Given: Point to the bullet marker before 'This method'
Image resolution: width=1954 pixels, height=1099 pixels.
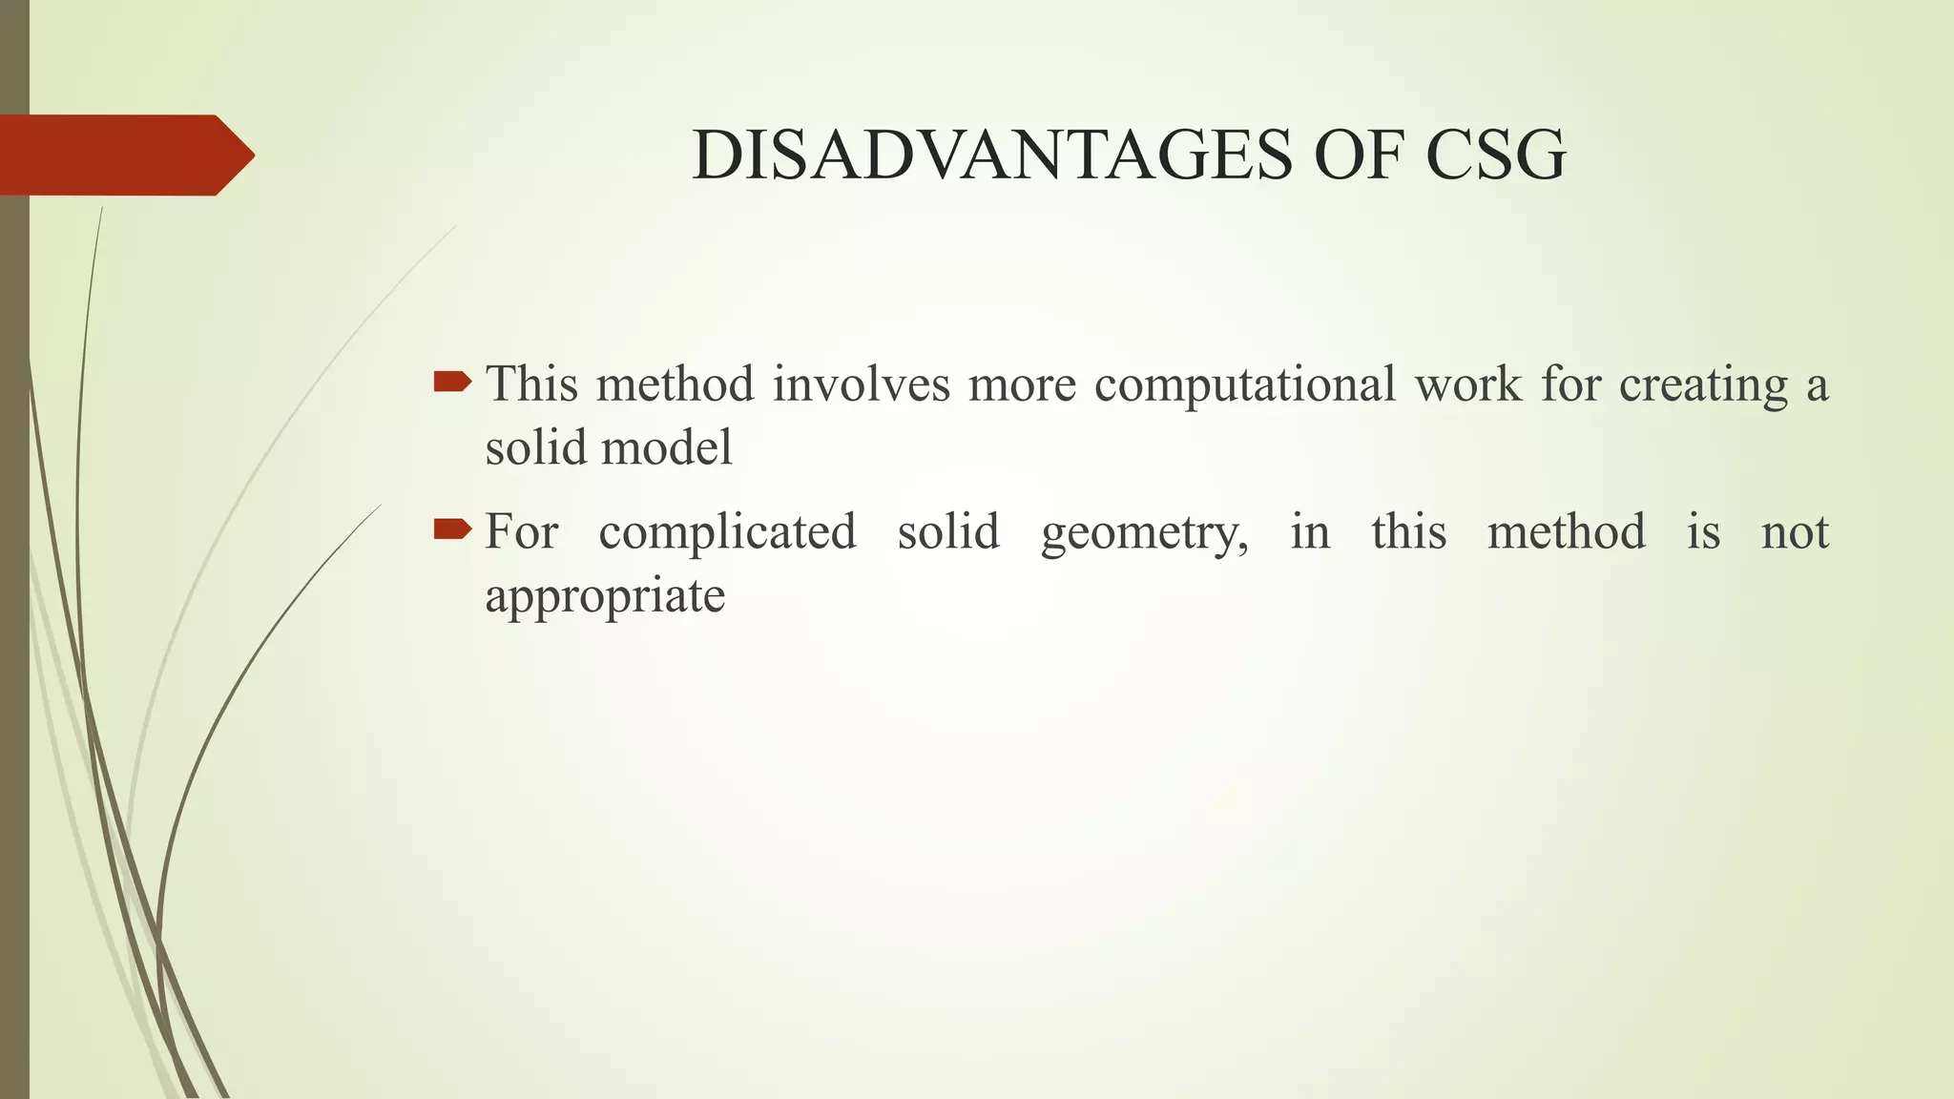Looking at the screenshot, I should pyautogui.click(x=452, y=384).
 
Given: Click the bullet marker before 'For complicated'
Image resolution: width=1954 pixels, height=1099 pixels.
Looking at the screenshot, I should pyautogui.click(x=452, y=529).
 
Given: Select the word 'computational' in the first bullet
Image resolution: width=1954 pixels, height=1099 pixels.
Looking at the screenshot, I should pyautogui.click(x=1244, y=385).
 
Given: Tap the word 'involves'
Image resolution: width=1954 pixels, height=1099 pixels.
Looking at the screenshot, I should pyautogui.click(x=862, y=384).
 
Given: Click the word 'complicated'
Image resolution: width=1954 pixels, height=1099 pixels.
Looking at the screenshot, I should pyautogui.click(x=727, y=532).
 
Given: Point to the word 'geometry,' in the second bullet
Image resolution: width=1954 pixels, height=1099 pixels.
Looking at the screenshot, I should pyautogui.click(x=1144, y=532).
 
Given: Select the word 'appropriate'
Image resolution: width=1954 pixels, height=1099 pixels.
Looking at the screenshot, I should pyautogui.click(x=605, y=597).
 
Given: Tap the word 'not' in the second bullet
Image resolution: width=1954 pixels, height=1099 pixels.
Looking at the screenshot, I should pyautogui.click(x=1795, y=531).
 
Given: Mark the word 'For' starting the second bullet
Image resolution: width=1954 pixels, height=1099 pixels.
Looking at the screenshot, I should pyautogui.click(x=521, y=531).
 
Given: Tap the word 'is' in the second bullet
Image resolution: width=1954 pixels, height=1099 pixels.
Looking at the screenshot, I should pyautogui.click(x=1703, y=531).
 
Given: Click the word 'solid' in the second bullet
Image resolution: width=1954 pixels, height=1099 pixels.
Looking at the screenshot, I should pyautogui.click(x=948, y=531).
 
